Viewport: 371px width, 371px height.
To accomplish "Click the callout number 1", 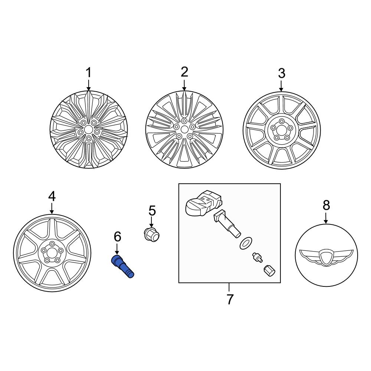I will pyautogui.click(x=88, y=72).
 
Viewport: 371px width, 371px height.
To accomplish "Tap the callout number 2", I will pyautogui.click(x=184, y=72).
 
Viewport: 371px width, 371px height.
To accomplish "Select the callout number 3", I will pyautogui.click(x=281, y=73).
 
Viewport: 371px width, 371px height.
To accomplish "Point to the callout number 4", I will pyautogui.click(x=52, y=196).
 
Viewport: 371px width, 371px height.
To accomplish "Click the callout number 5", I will pyautogui.click(x=152, y=211).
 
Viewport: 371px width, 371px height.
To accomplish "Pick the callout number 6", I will pyautogui.click(x=117, y=236).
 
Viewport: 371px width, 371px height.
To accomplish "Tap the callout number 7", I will pyautogui.click(x=230, y=299).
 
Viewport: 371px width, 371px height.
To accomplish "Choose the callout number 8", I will pyautogui.click(x=326, y=205).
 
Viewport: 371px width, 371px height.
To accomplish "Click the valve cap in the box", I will pyautogui.click(x=269, y=271).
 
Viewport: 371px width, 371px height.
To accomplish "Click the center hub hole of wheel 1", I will pyautogui.click(x=89, y=129).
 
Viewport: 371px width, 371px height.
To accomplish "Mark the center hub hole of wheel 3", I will pyautogui.click(x=281, y=129).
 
